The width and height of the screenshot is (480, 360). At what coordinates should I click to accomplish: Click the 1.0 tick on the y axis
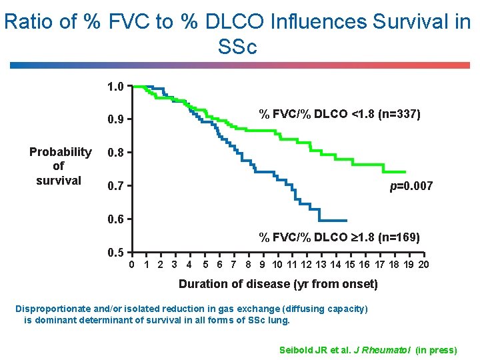pyautogui.click(x=115, y=87)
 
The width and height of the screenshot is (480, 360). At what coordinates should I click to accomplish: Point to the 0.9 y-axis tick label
pyautogui.click(x=115, y=120)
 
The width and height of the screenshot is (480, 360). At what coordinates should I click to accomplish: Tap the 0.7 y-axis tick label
pyautogui.click(x=115, y=185)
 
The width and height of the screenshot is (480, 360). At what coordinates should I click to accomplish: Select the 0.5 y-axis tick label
pyautogui.click(x=115, y=253)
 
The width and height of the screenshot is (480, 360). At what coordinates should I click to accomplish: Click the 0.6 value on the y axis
pyautogui.click(x=115, y=219)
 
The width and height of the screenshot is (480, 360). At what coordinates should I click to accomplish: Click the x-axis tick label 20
pyautogui.click(x=423, y=265)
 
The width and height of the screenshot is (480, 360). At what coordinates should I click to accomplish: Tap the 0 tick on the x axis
pyautogui.click(x=132, y=265)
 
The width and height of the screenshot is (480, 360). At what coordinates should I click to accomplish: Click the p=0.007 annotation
pyautogui.click(x=411, y=186)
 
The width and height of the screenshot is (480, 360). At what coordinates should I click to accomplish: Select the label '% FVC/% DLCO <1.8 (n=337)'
pyautogui.click(x=339, y=114)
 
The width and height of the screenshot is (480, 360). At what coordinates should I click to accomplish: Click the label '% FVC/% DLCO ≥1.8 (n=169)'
pyautogui.click(x=339, y=237)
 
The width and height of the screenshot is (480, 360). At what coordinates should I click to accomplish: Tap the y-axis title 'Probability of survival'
pyautogui.click(x=60, y=166)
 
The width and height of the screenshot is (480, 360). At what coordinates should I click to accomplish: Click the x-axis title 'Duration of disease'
pyautogui.click(x=277, y=285)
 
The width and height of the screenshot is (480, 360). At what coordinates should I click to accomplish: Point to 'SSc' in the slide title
pyautogui.click(x=237, y=47)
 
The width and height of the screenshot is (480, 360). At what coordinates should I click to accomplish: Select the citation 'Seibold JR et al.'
pyautogui.click(x=313, y=350)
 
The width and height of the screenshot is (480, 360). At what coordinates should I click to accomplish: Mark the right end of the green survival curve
pyautogui.click(x=405, y=171)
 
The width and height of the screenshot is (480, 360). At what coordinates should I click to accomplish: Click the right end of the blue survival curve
pyautogui.click(x=347, y=220)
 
